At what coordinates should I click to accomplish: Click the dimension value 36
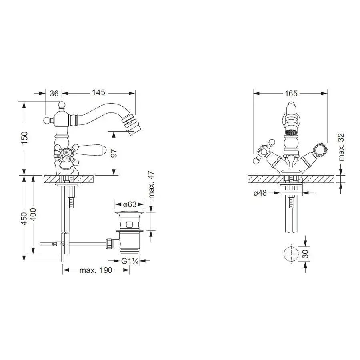pyautogui.click(x=54, y=94)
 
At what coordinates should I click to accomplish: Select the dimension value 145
pyautogui.click(x=98, y=92)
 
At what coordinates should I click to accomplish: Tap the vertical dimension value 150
pyautogui.click(x=24, y=138)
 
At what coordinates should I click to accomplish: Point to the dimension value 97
pyautogui.click(x=114, y=153)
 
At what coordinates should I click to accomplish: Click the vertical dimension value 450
pyautogui.click(x=24, y=218)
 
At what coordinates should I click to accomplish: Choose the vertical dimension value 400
pyautogui.click(x=33, y=214)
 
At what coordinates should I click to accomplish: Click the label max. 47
pyautogui.click(x=151, y=184)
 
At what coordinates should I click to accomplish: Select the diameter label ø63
pyautogui.click(x=130, y=204)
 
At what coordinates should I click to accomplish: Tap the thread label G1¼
pyautogui.click(x=130, y=261)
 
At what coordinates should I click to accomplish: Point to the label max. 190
pyautogui.click(x=96, y=270)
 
